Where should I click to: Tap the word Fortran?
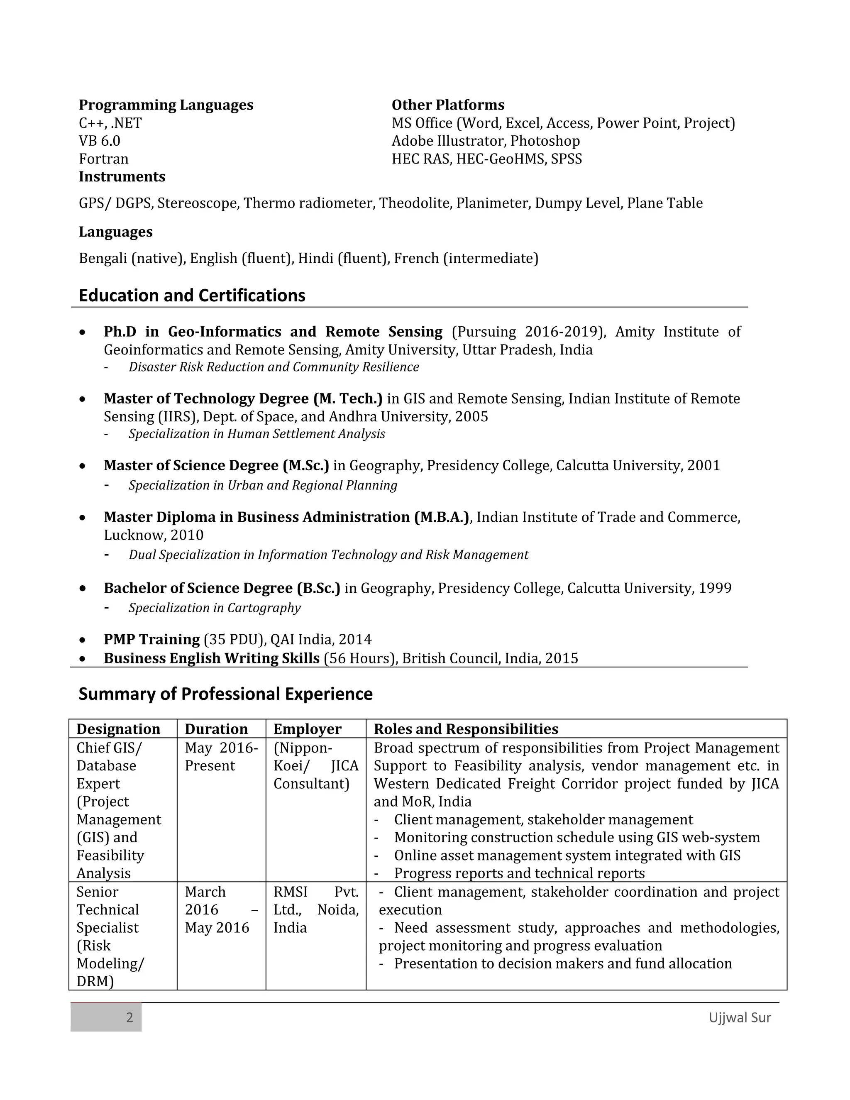103,159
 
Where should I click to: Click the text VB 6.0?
99,141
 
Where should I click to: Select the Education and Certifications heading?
192,295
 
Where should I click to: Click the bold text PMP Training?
151,639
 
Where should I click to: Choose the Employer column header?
307,729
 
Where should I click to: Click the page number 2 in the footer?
129,1017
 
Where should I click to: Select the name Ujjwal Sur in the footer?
739,1017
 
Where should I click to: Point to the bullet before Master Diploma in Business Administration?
83,517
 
